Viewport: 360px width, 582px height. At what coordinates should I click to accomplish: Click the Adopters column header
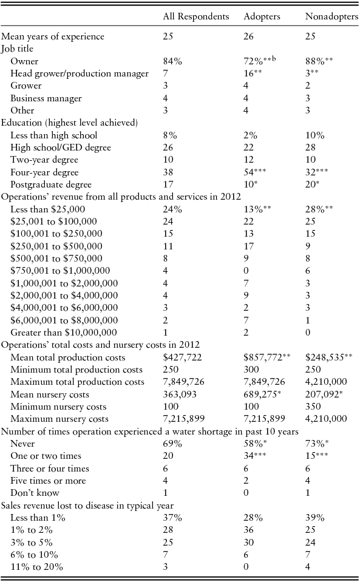click(x=262, y=16)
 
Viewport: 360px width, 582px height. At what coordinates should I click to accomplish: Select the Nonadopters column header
click(x=331, y=16)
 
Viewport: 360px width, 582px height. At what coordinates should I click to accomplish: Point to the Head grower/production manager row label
click(x=80, y=73)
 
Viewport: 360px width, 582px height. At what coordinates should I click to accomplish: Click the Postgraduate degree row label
click(x=51, y=184)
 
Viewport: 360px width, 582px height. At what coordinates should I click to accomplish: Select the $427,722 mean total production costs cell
click(x=184, y=357)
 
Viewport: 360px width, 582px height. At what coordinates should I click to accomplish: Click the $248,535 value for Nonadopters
click(x=329, y=357)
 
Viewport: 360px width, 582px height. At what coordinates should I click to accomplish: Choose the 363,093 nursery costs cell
click(x=180, y=394)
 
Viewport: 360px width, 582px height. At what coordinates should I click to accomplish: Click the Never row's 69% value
click(x=172, y=444)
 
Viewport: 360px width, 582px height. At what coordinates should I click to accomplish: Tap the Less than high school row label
click(x=54, y=135)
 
